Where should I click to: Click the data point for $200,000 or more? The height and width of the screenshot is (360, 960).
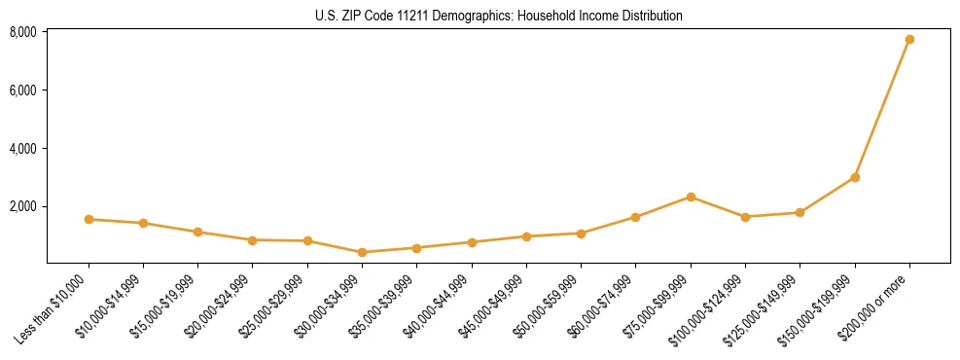[909, 39]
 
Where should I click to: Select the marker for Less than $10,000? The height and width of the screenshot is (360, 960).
[89, 219]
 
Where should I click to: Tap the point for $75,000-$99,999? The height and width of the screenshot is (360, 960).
[691, 197]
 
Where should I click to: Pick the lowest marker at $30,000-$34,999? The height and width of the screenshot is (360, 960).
[362, 252]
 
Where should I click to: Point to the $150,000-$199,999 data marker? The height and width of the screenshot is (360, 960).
[855, 177]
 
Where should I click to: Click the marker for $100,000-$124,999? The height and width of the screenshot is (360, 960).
[745, 217]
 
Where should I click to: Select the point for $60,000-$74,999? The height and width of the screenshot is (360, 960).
[635, 217]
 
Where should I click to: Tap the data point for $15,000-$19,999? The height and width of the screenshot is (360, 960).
[197, 232]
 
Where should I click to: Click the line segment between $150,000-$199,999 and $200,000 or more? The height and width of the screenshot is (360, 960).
[882, 108]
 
